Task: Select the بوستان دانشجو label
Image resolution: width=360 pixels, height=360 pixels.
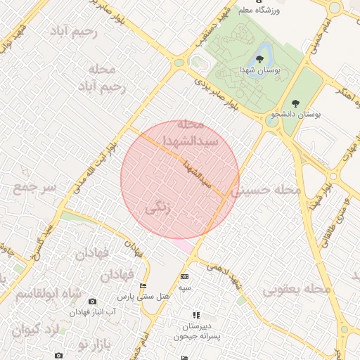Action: (296, 114)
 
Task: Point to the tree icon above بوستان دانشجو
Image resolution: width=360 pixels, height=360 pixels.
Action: (295, 103)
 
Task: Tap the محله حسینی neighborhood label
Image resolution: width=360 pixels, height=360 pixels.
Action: (266, 190)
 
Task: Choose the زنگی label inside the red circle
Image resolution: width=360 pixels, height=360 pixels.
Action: (157, 209)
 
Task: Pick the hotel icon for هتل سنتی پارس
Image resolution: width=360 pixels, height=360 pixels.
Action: (143, 285)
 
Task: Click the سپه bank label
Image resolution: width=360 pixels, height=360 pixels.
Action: (184, 288)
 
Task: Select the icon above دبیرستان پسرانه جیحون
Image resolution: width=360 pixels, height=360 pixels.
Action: (195, 315)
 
